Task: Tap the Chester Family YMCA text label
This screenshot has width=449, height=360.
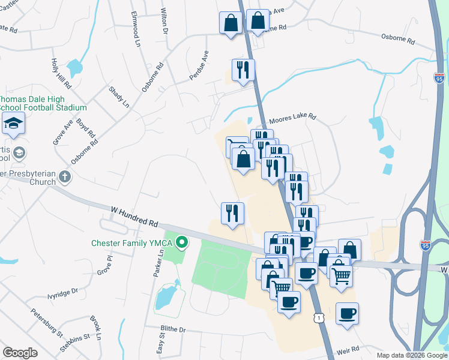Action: (132, 243)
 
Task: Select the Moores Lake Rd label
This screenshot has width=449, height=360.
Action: (292, 119)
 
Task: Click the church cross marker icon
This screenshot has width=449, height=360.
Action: (65, 177)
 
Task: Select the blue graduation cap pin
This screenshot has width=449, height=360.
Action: (13, 124)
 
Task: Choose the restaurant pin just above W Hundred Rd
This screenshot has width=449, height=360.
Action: (232, 213)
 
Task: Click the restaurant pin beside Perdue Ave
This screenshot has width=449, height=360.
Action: (243, 70)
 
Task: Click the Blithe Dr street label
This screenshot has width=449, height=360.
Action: (173, 329)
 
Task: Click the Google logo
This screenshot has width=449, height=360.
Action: (20, 353)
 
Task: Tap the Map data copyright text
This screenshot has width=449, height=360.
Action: (411, 355)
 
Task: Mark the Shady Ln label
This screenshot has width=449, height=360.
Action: (119, 96)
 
